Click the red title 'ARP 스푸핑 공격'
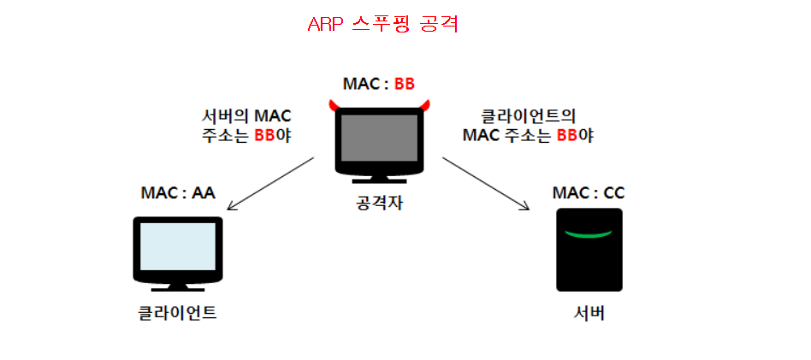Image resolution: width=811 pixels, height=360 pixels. (382, 24)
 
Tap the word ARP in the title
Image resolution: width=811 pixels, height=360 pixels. (326, 24)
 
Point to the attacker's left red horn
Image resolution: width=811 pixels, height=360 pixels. (333, 106)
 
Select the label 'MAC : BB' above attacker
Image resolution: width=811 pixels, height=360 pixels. (378, 84)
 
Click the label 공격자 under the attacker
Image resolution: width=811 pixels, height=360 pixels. (379, 204)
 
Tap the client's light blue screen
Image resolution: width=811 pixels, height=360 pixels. (177, 247)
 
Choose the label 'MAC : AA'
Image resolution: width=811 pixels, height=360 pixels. (177, 193)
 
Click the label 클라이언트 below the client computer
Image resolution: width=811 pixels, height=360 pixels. (177, 312)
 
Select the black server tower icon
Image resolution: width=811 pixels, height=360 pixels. (589, 250)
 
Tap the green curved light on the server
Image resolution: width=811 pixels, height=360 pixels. (589, 233)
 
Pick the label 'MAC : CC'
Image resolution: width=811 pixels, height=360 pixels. (589, 193)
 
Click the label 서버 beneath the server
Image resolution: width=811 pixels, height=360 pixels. (589, 312)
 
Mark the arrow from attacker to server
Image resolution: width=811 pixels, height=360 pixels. (484, 182)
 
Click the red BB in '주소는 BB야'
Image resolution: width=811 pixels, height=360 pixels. (264, 136)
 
